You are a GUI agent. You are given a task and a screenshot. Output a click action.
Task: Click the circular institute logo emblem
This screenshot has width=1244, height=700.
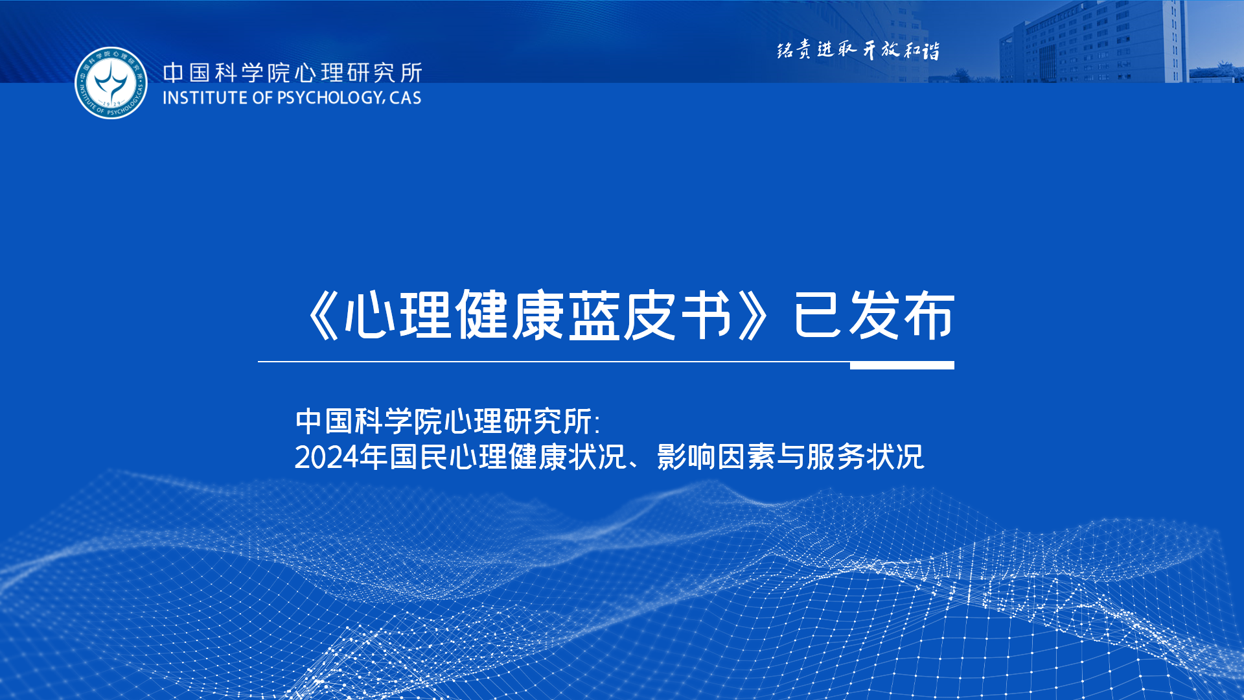pyautogui.click(x=111, y=82)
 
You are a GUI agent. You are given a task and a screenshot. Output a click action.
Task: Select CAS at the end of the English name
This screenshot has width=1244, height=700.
pyautogui.click(x=406, y=98)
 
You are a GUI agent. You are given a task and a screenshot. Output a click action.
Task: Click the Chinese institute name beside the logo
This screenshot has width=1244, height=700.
pyautogui.click(x=292, y=73)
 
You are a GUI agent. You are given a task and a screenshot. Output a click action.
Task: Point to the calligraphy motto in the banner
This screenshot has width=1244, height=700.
pyautogui.click(x=858, y=50)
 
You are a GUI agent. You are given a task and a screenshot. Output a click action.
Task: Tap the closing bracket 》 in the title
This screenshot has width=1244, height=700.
pyautogui.click(x=752, y=316)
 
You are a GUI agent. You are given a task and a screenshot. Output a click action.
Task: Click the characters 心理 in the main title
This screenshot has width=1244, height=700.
pyautogui.click(x=398, y=316)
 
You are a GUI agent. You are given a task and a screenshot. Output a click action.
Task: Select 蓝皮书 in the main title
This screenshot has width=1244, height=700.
pyautogui.click(x=651, y=316)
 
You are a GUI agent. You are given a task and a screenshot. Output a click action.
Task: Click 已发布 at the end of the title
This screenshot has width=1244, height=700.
pyautogui.click(x=874, y=316)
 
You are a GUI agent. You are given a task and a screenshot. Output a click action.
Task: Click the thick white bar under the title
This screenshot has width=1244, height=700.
pyautogui.click(x=902, y=366)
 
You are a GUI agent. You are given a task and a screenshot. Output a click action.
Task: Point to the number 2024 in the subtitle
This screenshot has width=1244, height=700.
pyautogui.click(x=327, y=458)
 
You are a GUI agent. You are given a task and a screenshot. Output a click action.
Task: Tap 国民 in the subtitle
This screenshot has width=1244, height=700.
pyautogui.click(x=419, y=457)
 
